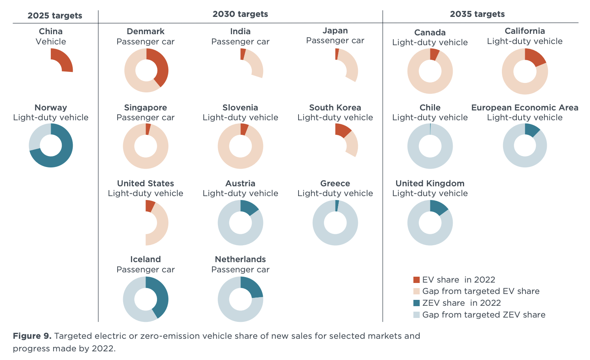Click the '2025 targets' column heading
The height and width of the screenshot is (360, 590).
click(x=55, y=16)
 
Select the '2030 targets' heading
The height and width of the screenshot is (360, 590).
click(x=240, y=14)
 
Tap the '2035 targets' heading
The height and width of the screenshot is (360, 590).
click(x=477, y=14)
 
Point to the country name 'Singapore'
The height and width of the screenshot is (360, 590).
click(x=146, y=108)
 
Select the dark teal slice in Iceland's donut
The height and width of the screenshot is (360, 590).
click(x=161, y=297)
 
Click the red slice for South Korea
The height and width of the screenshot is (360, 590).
click(x=342, y=130)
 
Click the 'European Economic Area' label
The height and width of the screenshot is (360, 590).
click(x=525, y=108)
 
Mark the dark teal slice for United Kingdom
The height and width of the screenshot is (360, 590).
click(x=439, y=207)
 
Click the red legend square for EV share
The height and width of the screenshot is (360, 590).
click(x=417, y=280)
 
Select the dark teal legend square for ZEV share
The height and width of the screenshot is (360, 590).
click(x=417, y=303)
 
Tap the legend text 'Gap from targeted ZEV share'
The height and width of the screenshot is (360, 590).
click(x=483, y=315)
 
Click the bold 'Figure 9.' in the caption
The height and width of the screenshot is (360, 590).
click(x=32, y=336)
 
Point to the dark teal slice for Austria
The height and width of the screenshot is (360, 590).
click(x=249, y=207)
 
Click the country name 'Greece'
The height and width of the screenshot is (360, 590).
click(x=335, y=184)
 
